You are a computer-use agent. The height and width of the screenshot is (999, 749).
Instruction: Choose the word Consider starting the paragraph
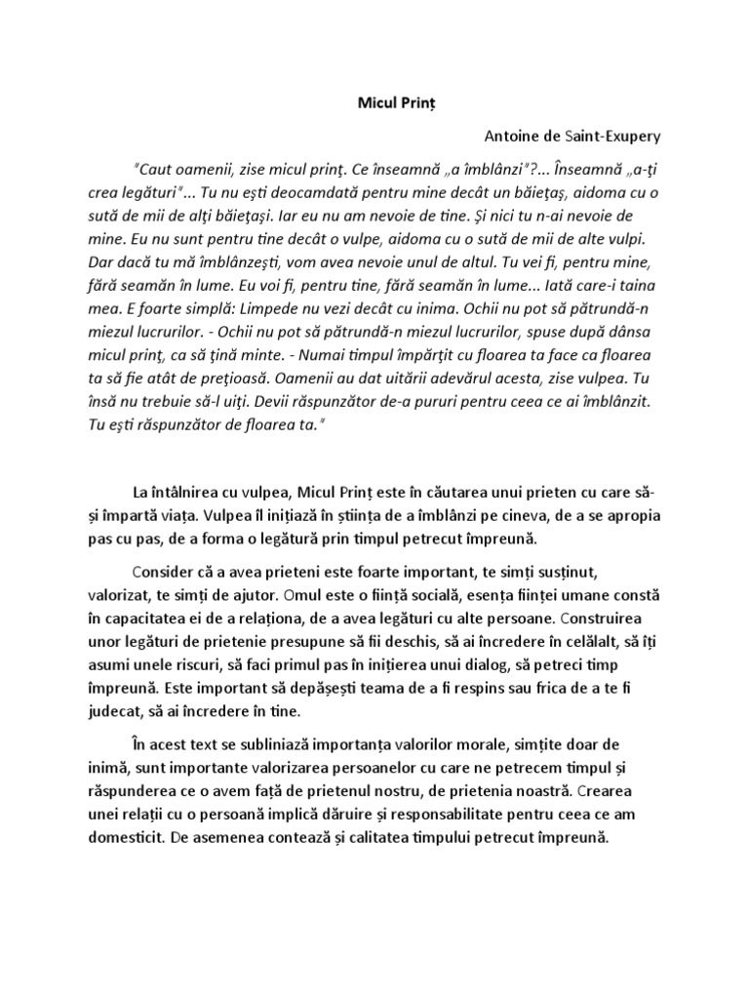click(x=167, y=572)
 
